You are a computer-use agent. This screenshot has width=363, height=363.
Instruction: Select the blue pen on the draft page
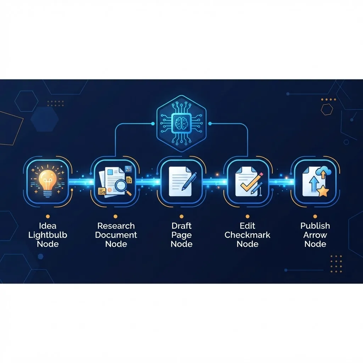pos(189,181)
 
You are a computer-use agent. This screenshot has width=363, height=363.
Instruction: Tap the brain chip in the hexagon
pos(181,123)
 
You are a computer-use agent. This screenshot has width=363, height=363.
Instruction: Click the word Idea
pos(48,226)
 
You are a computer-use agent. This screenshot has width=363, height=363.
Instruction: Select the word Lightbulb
pos(48,235)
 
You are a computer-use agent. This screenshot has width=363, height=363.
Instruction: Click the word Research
pos(116,226)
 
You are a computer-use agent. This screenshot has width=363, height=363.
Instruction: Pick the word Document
pos(116,235)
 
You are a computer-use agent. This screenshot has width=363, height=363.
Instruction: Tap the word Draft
pos(181,226)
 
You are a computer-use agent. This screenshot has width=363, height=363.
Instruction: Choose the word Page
pos(181,235)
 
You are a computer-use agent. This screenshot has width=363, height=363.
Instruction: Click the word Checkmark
pos(247,235)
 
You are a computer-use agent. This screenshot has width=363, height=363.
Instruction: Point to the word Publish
pos(315,226)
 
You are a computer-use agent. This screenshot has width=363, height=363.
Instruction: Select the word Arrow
pos(315,235)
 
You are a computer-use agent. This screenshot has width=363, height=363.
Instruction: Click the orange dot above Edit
pos(247,217)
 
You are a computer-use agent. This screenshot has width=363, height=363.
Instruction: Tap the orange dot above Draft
pos(181,217)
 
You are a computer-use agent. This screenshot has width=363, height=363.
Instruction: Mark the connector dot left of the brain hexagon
pos(153,124)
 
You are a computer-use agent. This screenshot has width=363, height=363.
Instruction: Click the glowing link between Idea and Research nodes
pos(82,182)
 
